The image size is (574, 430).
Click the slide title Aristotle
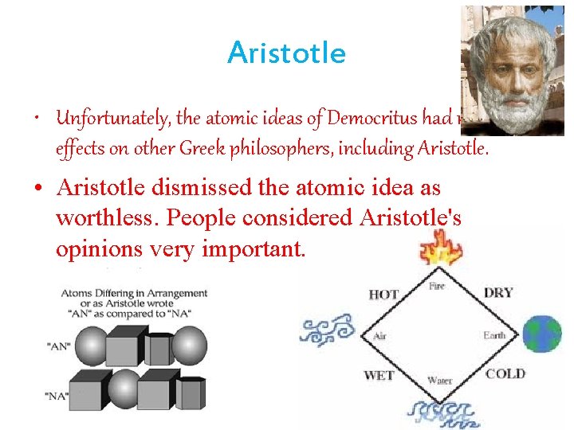pos(286,53)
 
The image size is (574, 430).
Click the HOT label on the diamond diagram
pos(383,295)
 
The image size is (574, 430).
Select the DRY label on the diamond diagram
pos(498,292)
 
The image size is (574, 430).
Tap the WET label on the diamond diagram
pos(379,374)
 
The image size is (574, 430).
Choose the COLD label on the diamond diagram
pos(505,373)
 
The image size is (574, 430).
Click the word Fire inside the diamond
pos(436,287)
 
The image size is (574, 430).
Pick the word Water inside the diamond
pos(439,381)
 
